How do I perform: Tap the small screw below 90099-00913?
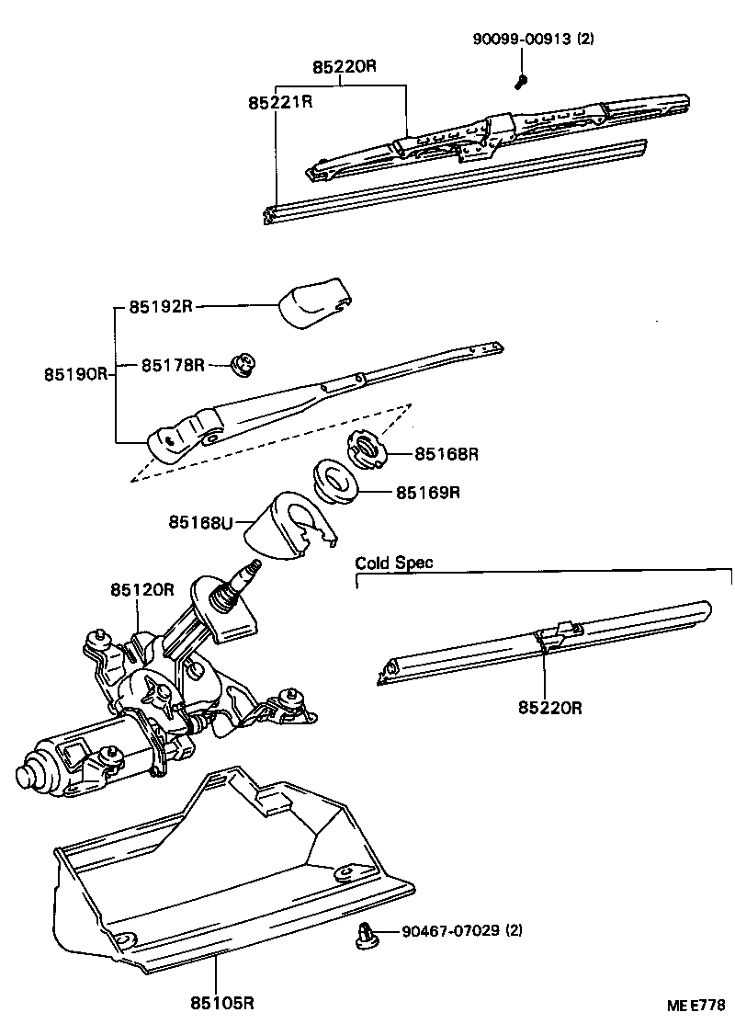(521, 82)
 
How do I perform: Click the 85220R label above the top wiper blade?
(345, 67)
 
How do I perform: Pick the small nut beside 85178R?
(244, 365)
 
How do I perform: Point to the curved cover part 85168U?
(292, 523)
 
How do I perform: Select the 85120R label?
(142, 588)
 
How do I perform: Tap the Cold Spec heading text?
(393, 563)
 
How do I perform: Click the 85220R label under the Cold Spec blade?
(549, 707)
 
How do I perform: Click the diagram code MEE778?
(696, 1007)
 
